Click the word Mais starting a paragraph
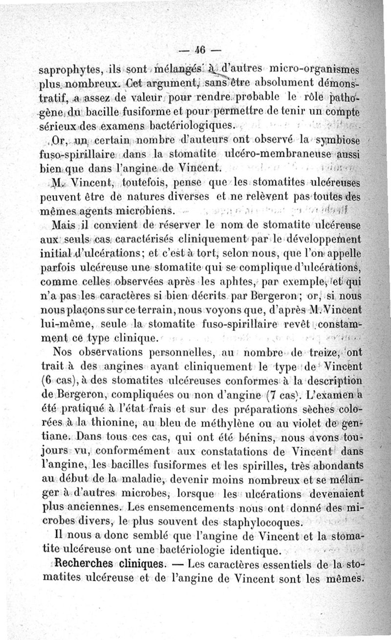[64, 227]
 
